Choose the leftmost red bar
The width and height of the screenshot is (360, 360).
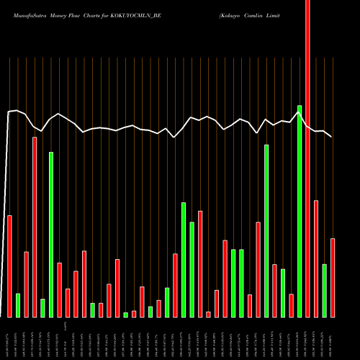[9, 266]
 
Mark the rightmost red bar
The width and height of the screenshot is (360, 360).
[333, 277]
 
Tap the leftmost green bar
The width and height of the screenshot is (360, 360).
[18, 305]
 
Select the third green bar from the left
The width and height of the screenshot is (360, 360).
[51, 234]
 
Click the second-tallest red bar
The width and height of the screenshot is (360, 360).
[35, 227]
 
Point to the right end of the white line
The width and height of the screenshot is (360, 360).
[331, 136]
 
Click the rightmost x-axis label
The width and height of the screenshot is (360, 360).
[333, 338]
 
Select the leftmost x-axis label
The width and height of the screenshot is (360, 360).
[9, 338]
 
